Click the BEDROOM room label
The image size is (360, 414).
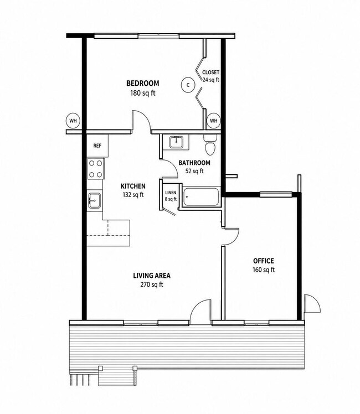[143, 84]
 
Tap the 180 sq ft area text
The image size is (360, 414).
[143, 93]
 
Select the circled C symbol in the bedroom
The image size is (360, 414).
[188, 85]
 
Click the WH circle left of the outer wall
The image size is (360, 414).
[73, 121]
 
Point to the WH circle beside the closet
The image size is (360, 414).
[213, 121]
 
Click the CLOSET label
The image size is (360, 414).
[210, 73]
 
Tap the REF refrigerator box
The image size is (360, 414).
[97, 146]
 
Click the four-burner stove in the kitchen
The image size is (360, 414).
[96, 169]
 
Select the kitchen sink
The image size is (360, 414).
[94, 201]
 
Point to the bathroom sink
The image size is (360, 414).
[176, 142]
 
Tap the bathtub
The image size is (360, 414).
[201, 196]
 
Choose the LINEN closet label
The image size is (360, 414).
[171, 193]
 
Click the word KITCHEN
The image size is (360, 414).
[133, 186]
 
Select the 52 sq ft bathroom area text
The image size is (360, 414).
[194, 171]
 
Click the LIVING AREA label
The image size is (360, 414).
[152, 276]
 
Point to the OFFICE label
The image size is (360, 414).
[264, 261]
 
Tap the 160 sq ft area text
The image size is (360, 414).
[264, 270]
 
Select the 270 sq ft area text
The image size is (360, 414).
[152, 284]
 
